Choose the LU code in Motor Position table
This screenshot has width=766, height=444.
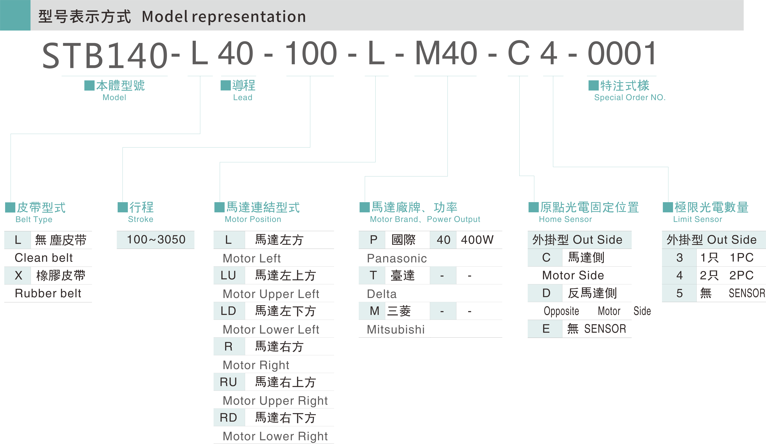pyautogui.click(x=228, y=275)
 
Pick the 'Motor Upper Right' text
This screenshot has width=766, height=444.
pyautogui.click(x=275, y=401)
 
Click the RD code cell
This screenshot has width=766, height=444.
pyautogui.click(x=228, y=418)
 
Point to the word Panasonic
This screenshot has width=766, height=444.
pyautogui.click(x=397, y=258)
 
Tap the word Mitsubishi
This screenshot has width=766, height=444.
pyautogui.click(x=395, y=329)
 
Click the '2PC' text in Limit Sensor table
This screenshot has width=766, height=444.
pyautogui.click(x=741, y=275)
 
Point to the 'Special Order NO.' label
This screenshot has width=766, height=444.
pyautogui.click(x=630, y=98)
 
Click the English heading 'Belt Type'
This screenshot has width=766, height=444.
pyautogui.click(x=34, y=219)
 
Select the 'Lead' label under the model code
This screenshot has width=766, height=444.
pyautogui.click(x=243, y=98)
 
